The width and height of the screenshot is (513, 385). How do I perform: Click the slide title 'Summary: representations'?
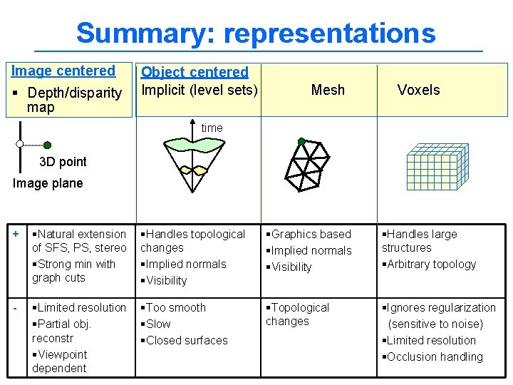[255, 33]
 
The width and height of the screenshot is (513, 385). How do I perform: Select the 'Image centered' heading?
[63, 71]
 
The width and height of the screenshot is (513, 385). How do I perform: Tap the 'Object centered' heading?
[195, 72]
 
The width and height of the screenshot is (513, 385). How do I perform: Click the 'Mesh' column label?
[328, 90]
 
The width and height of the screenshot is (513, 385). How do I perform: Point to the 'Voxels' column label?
[418, 90]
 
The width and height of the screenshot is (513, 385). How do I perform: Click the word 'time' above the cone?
[212, 128]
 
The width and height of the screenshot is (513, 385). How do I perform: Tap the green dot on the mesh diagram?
[301, 141]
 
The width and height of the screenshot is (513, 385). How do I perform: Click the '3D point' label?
[63, 162]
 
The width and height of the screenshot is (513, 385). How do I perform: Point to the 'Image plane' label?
[48, 183]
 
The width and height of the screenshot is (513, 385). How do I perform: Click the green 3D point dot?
[47, 145]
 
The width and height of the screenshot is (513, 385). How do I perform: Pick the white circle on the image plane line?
[21, 144]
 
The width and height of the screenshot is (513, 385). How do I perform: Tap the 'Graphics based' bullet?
[310, 234]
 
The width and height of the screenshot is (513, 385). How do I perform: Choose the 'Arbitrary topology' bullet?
[430, 264]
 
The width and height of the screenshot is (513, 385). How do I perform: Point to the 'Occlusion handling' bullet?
[434, 356]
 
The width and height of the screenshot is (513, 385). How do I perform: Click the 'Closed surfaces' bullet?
[186, 340]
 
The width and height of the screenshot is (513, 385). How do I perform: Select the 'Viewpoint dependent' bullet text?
[60, 361]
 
